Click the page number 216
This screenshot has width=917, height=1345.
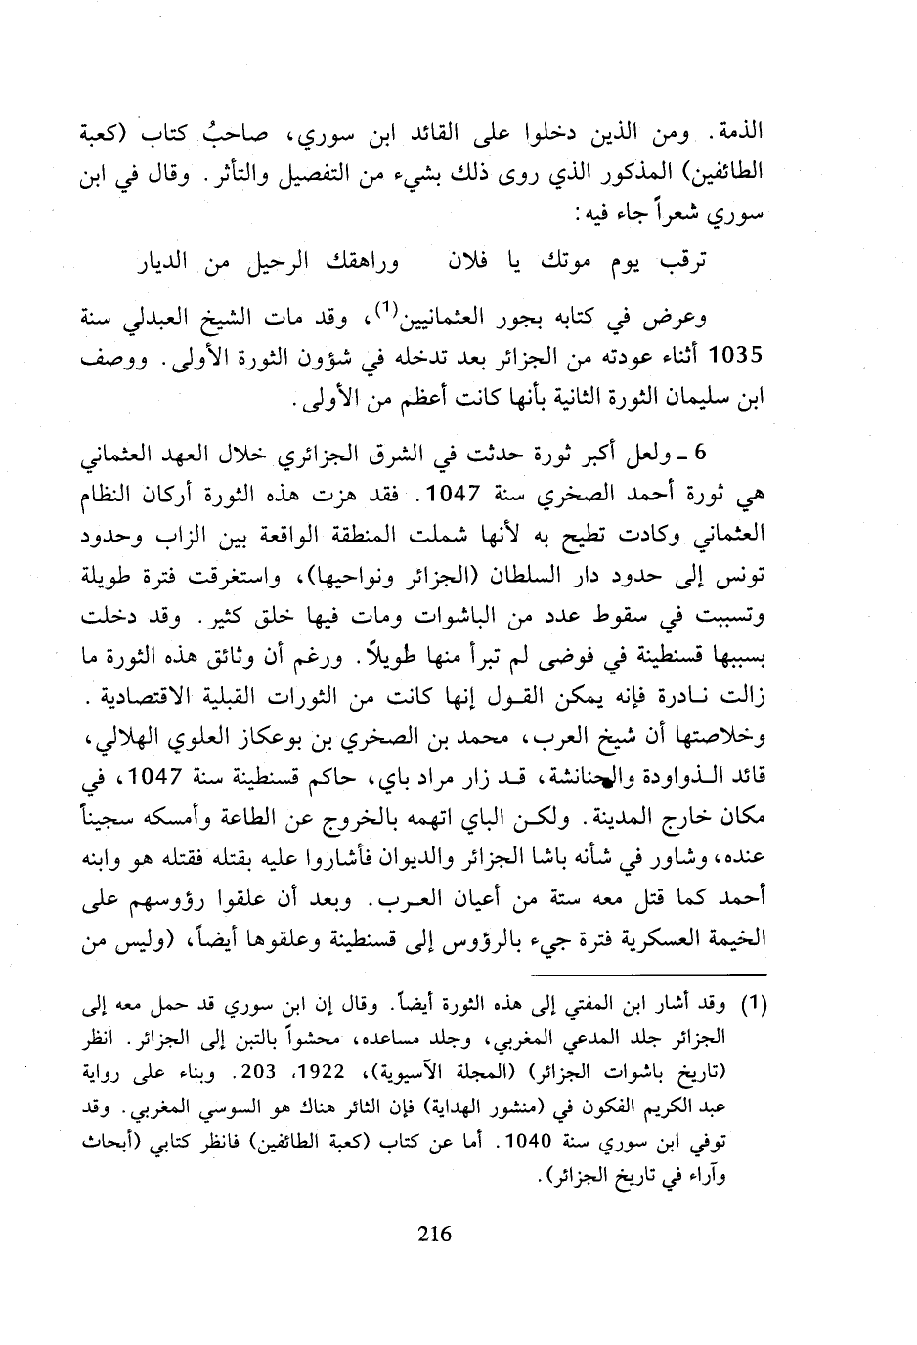tap(433, 1233)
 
